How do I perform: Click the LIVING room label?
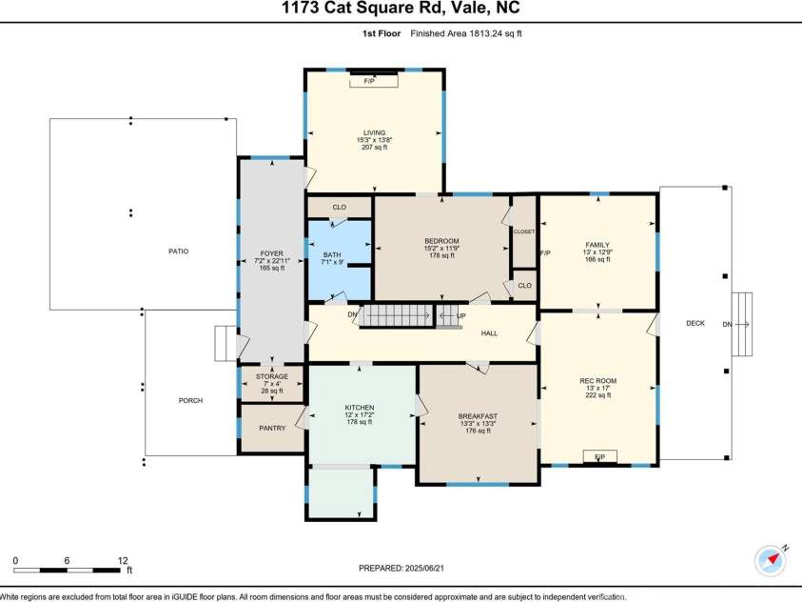(374, 132)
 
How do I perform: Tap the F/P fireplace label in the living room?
(368, 82)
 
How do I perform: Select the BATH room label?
(331, 254)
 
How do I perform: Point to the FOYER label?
(272, 253)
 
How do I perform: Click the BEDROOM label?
(441, 240)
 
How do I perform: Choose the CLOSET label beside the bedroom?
(524, 231)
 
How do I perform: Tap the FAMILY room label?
(597, 245)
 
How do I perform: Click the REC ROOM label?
(598, 381)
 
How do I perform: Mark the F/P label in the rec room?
(599, 458)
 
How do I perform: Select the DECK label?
(695, 324)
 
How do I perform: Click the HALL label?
(489, 333)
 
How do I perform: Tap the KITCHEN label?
(359, 408)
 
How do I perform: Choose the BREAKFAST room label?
(478, 416)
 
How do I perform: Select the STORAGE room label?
(272, 376)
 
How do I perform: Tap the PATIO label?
(177, 251)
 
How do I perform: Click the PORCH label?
(190, 400)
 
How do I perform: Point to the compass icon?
(770, 560)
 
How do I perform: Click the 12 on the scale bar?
(122, 560)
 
